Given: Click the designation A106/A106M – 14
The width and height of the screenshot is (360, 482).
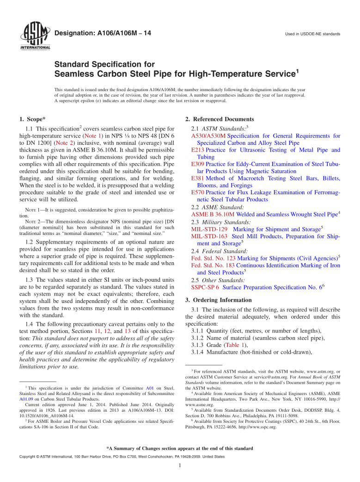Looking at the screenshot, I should pyautogui.click(x=103, y=33).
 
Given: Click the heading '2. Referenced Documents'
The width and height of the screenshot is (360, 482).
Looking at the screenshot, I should pyautogui.click(x=220, y=119).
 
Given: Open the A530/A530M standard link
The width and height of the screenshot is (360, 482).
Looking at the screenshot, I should pyautogui.click(x=208, y=136).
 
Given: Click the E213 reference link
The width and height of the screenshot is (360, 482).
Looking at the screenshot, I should pyautogui.click(x=197, y=150).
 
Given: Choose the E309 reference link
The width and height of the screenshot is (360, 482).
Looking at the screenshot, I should pyautogui.click(x=197, y=164).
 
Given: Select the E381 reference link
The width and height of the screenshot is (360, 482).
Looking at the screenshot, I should pyautogui.click(x=197, y=178).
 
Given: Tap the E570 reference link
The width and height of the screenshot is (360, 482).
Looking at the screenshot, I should pyautogui.click(x=197, y=192).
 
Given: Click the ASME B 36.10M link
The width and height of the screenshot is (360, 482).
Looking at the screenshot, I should pyautogui.click(x=213, y=215).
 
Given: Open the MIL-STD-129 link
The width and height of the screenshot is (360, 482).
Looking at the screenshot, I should pyautogui.click(x=209, y=229).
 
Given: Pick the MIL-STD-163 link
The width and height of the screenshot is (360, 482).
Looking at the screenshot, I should pyautogui.click(x=209, y=236).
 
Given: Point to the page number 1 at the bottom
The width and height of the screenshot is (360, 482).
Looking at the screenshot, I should pyautogui.click(x=180, y=465).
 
